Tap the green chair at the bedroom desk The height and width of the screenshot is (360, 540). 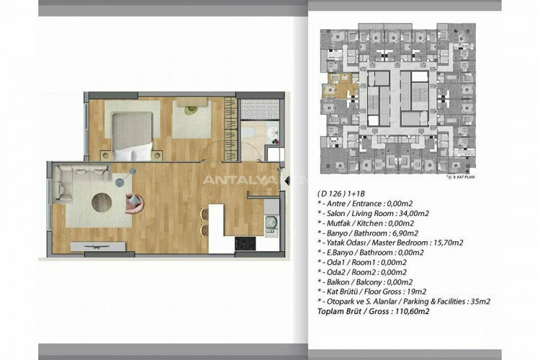point(191,110)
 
